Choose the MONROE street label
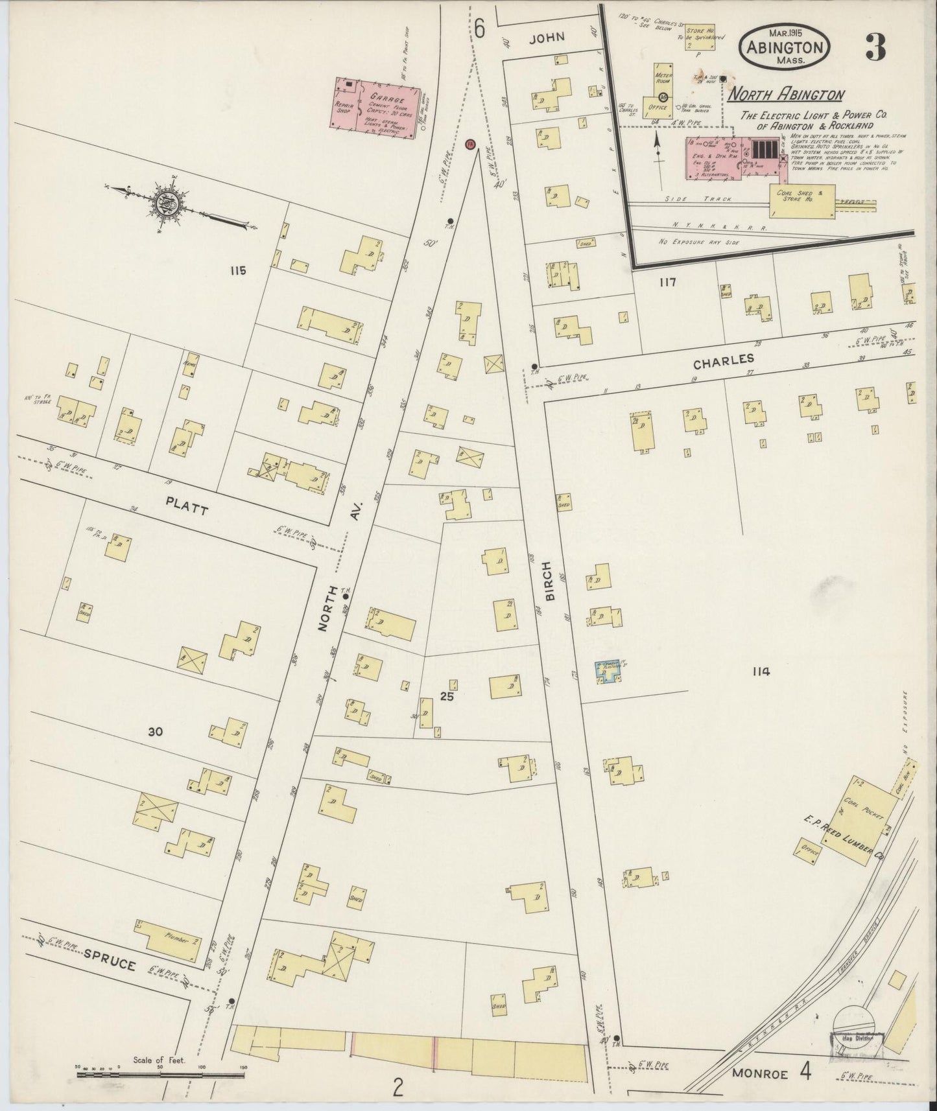coord(759,1073)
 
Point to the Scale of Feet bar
coord(160,1074)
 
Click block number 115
coord(237,271)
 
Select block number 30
coord(154,732)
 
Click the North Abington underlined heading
coord(785,95)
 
